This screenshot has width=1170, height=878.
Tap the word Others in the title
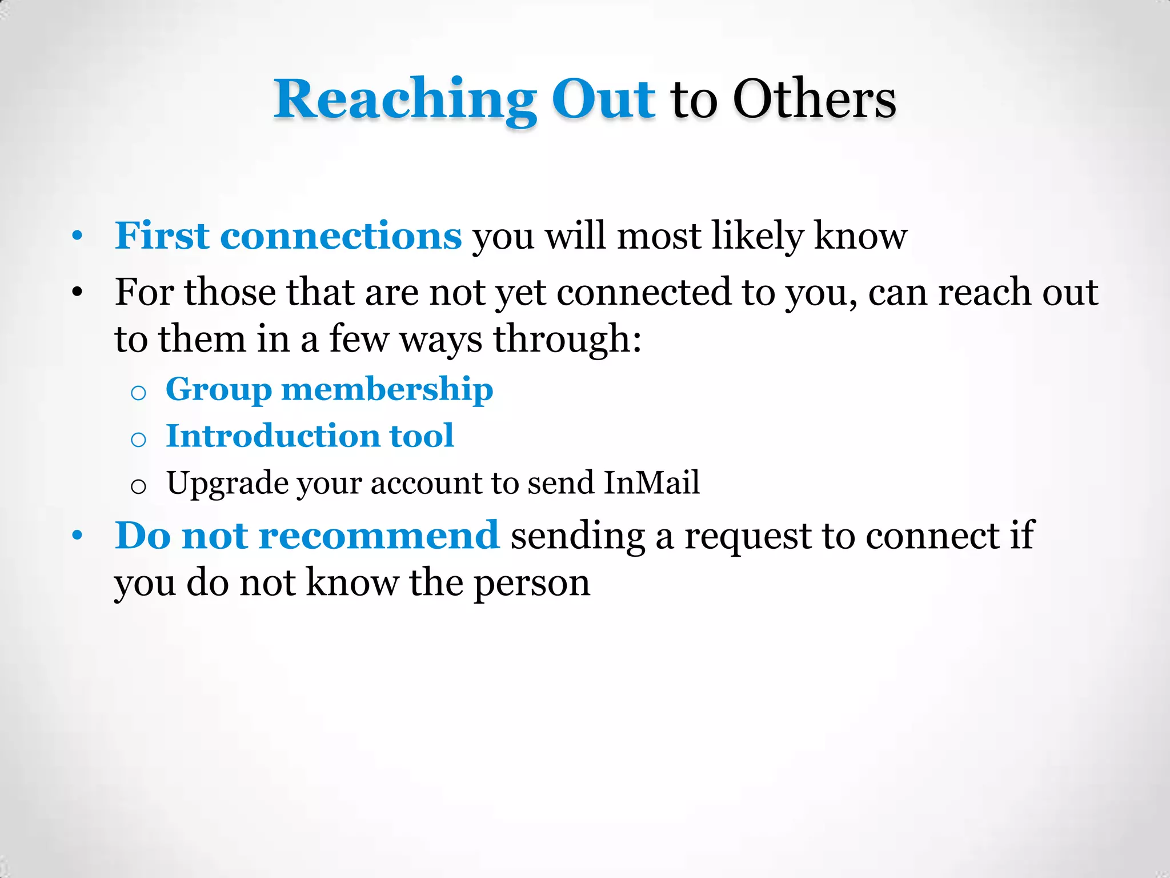[x=814, y=99]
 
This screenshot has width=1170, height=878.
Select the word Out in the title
[x=603, y=99]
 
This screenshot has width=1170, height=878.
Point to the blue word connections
[x=340, y=237]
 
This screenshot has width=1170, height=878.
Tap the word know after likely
[x=860, y=236]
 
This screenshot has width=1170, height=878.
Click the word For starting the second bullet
[x=144, y=292]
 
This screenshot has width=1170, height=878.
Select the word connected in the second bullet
[x=644, y=292]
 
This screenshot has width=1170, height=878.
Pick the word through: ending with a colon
[x=567, y=340]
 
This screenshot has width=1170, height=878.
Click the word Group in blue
[x=219, y=390]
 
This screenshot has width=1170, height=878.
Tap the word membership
[x=387, y=389]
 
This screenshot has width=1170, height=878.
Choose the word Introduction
[x=273, y=436]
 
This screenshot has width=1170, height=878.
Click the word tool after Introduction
[x=422, y=436]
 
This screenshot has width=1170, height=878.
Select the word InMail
[x=651, y=482]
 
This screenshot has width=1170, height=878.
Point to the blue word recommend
[x=379, y=536]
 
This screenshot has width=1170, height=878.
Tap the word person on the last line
[x=532, y=584]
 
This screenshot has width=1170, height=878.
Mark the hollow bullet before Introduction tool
[x=138, y=440]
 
